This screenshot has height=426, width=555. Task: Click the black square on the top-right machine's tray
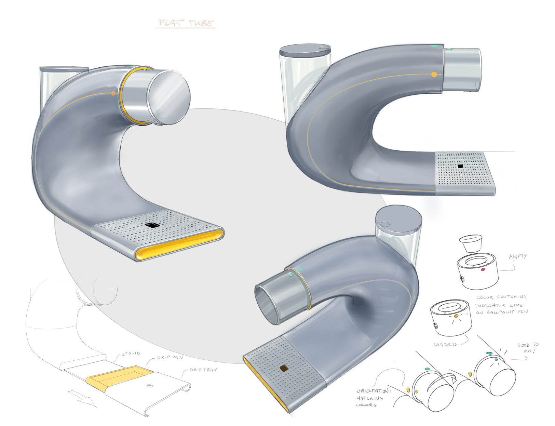tap(460, 166)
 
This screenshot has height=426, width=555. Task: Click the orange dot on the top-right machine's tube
tap(434, 74)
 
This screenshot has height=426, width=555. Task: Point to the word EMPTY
tap(518, 256)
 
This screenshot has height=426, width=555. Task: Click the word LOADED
tap(445, 344)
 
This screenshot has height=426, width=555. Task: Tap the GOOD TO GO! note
tap(528, 348)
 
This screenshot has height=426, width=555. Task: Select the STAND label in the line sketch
tap(131, 354)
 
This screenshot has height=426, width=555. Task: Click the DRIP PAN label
tap(170, 357)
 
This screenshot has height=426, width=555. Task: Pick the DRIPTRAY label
tap(203, 370)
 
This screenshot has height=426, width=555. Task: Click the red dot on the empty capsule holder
tap(483, 269)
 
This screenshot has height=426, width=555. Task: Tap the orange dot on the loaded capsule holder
tap(456, 316)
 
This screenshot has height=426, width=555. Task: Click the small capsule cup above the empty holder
tap(471, 243)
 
